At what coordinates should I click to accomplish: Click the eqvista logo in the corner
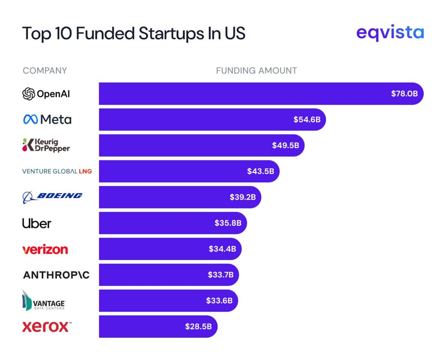coord(390,33)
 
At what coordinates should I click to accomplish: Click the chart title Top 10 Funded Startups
coord(133,34)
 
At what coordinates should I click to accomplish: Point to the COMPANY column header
coord(45,71)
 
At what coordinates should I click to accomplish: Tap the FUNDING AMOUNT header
coord(257,71)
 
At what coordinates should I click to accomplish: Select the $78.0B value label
coord(404,94)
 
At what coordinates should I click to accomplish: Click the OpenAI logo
coord(46,94)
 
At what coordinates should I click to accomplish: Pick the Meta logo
coord(47,119)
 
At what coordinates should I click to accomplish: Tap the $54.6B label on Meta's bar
coord(307,119)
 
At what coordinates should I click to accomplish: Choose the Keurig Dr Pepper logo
coord(46,145)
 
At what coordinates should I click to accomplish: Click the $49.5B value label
coord(285,145)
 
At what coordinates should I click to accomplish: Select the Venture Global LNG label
coord(57,171)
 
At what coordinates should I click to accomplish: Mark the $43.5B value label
coord(260,171)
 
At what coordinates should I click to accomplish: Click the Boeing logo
coord(52,197)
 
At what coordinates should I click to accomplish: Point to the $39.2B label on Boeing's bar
coord(243,197)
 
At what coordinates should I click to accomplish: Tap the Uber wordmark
coord(37,223)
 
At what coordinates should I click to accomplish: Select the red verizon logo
coord(45,249)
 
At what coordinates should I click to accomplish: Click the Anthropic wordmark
coord(56,275)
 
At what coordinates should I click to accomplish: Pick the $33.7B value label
coord(220,275)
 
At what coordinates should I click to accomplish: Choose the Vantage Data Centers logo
coord(44,301)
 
